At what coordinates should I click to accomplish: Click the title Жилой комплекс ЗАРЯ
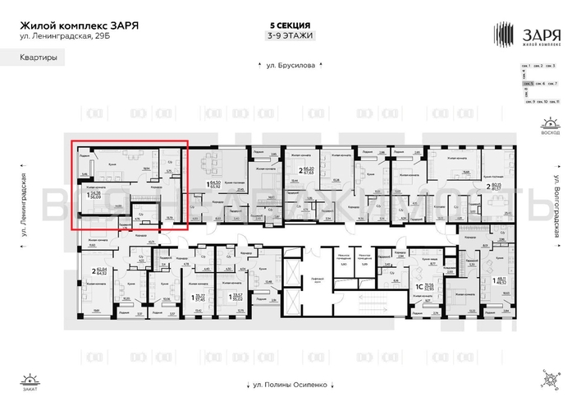(x=79, y=25)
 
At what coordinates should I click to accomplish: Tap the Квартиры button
(x=39, y=58)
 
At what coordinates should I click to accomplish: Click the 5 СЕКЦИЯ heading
(x=290, y=25)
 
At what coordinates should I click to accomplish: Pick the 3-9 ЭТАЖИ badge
(x=290, y=35)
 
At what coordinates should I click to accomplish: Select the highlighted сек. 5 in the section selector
(x=529, y=83)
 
